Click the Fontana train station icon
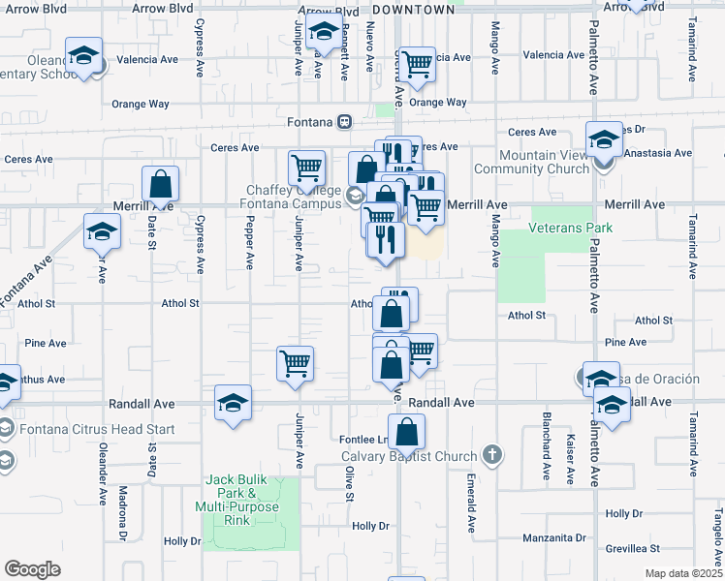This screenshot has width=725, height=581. pos(343,123)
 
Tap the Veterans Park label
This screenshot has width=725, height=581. pos(571,229)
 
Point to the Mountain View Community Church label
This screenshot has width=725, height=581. pos(544,162)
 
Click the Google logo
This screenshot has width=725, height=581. pos(32,569)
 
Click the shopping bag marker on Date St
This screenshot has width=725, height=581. pos(160,183)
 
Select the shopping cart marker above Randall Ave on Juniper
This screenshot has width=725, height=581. pos(295,363)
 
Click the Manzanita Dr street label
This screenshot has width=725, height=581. pos(554,537)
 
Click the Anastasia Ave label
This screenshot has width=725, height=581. pos(658,152)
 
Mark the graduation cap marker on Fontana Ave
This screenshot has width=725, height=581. pos(101,233)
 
